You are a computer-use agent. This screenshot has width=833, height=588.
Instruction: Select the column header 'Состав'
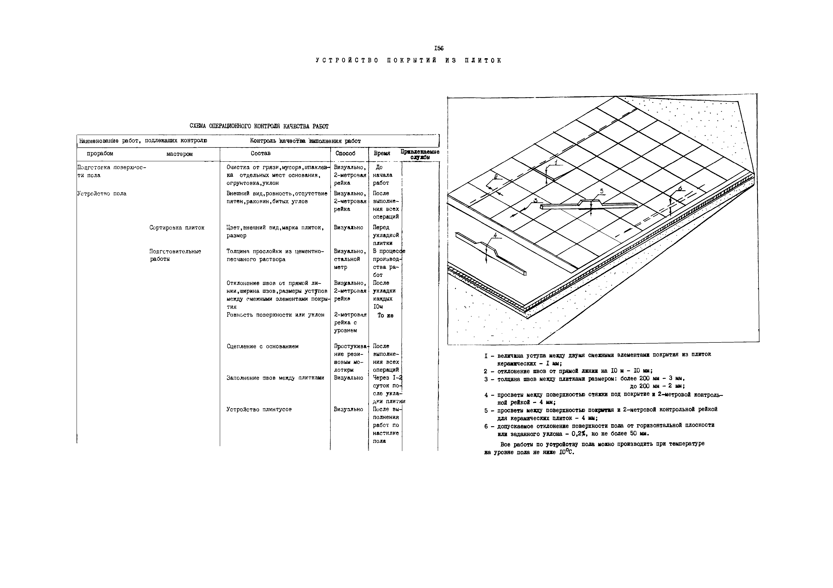point(260,153)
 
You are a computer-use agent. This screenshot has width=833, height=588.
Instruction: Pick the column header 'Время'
point(382,153)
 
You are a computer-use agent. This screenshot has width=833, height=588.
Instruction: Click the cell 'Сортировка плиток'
point(177,228)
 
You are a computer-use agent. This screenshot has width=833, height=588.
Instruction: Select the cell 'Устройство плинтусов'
point(259,409)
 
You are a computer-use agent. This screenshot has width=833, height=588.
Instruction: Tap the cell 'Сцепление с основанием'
point(262,346)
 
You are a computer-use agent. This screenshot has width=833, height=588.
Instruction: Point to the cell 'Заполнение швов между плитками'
point(275,378)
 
